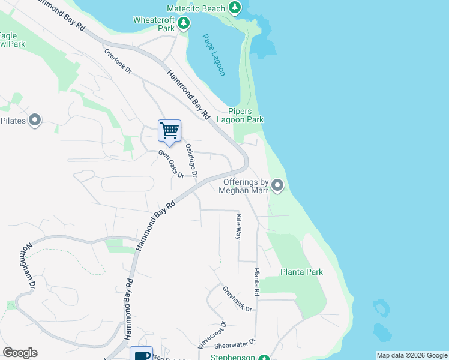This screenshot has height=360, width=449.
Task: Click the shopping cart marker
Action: (x=170, y=131)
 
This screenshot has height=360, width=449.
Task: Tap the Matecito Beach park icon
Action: (x=235, y=8)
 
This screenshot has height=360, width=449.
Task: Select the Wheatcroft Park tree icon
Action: (x=184, y=24)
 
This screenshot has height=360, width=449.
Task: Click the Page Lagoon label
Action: (x=214, y=55)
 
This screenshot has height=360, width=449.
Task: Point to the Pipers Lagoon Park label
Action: (x=246, y=115)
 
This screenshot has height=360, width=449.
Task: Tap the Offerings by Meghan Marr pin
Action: (x=277, y=186)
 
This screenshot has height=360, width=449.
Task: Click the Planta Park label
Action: (x=301, y=272)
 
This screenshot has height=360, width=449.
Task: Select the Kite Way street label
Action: (x=238, y=227)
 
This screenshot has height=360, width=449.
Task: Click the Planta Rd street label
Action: (x=256, y=281)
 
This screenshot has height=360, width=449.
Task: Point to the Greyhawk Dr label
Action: (x=238, y=299)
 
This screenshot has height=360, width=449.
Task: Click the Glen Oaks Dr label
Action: (x=171, y=163)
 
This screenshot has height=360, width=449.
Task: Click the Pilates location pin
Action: (x=35, y=121)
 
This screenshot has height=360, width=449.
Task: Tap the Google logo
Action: (x=20, y=353)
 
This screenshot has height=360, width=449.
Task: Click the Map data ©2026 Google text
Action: (x=412, y=355)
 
